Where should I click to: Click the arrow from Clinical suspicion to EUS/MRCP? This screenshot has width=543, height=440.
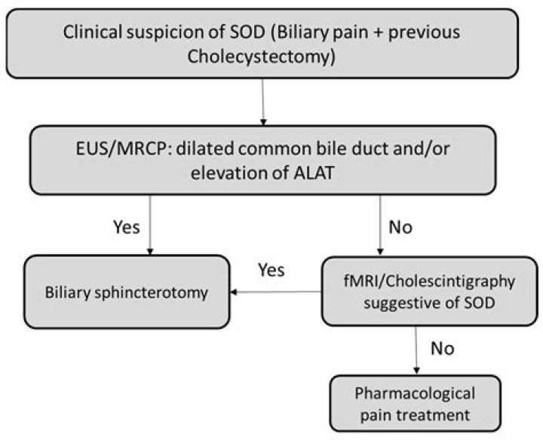click(x=262, y=102)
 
